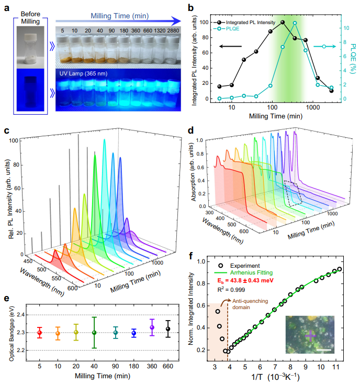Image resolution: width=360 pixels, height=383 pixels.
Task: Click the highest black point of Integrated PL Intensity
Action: click(283, 23)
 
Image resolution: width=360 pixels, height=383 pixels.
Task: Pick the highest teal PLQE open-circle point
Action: click(295, 23)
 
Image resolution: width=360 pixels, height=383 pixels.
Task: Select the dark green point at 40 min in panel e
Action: click(94, 332)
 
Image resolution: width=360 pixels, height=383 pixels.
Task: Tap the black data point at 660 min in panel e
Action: click(167, 329)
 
